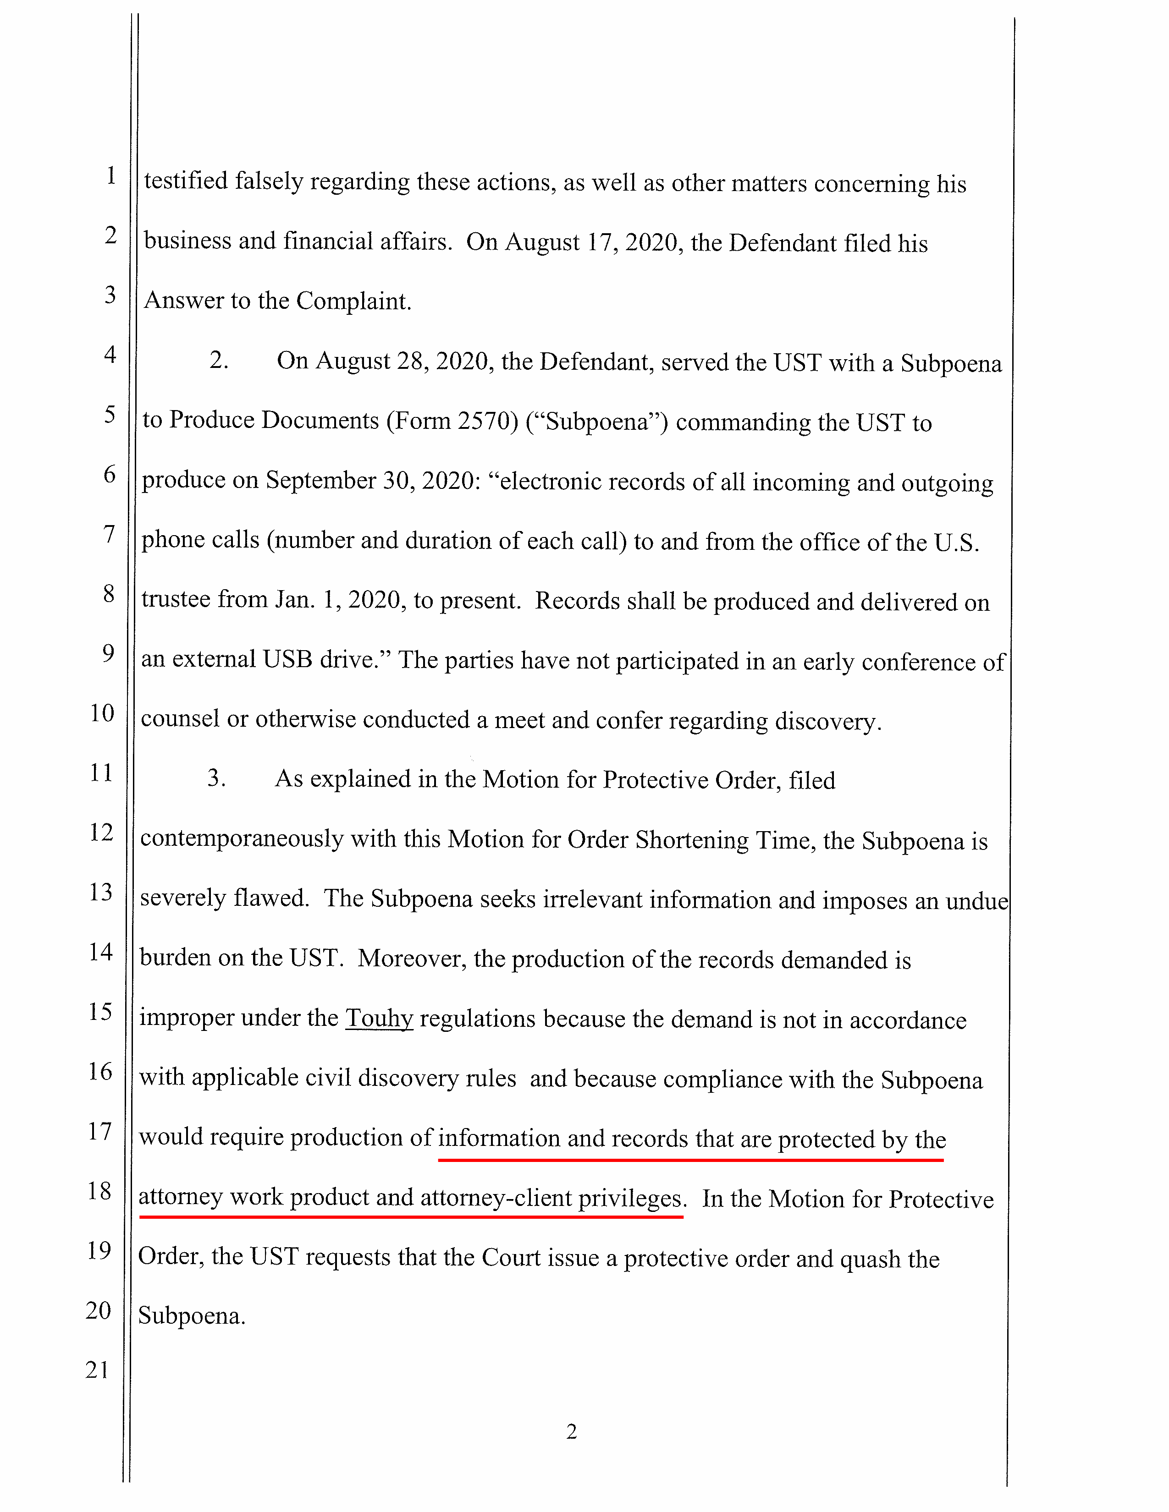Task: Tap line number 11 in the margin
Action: [x=101, y=772]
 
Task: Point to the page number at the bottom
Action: [x=571, y=1431]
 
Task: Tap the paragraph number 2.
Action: [x=219, y=361]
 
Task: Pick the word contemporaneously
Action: [x=242, y=838]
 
